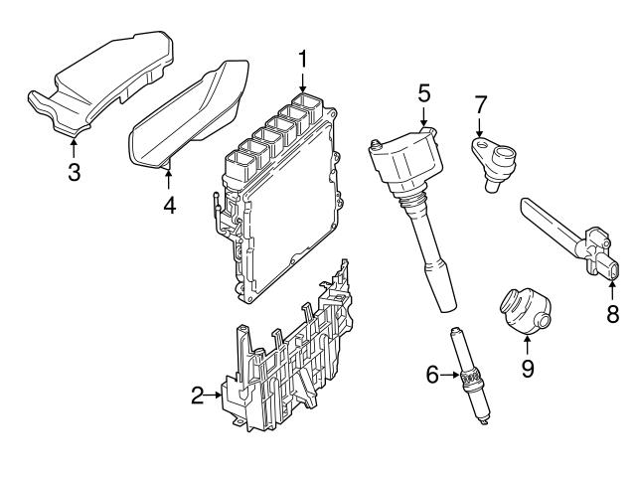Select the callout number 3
pos(74,171)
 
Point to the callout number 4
pos(169,205)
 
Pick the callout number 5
pos(423,94)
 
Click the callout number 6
pos(432,375)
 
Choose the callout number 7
pos(480,102)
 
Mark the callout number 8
pos(612,315)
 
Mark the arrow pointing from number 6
pos(449,375)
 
